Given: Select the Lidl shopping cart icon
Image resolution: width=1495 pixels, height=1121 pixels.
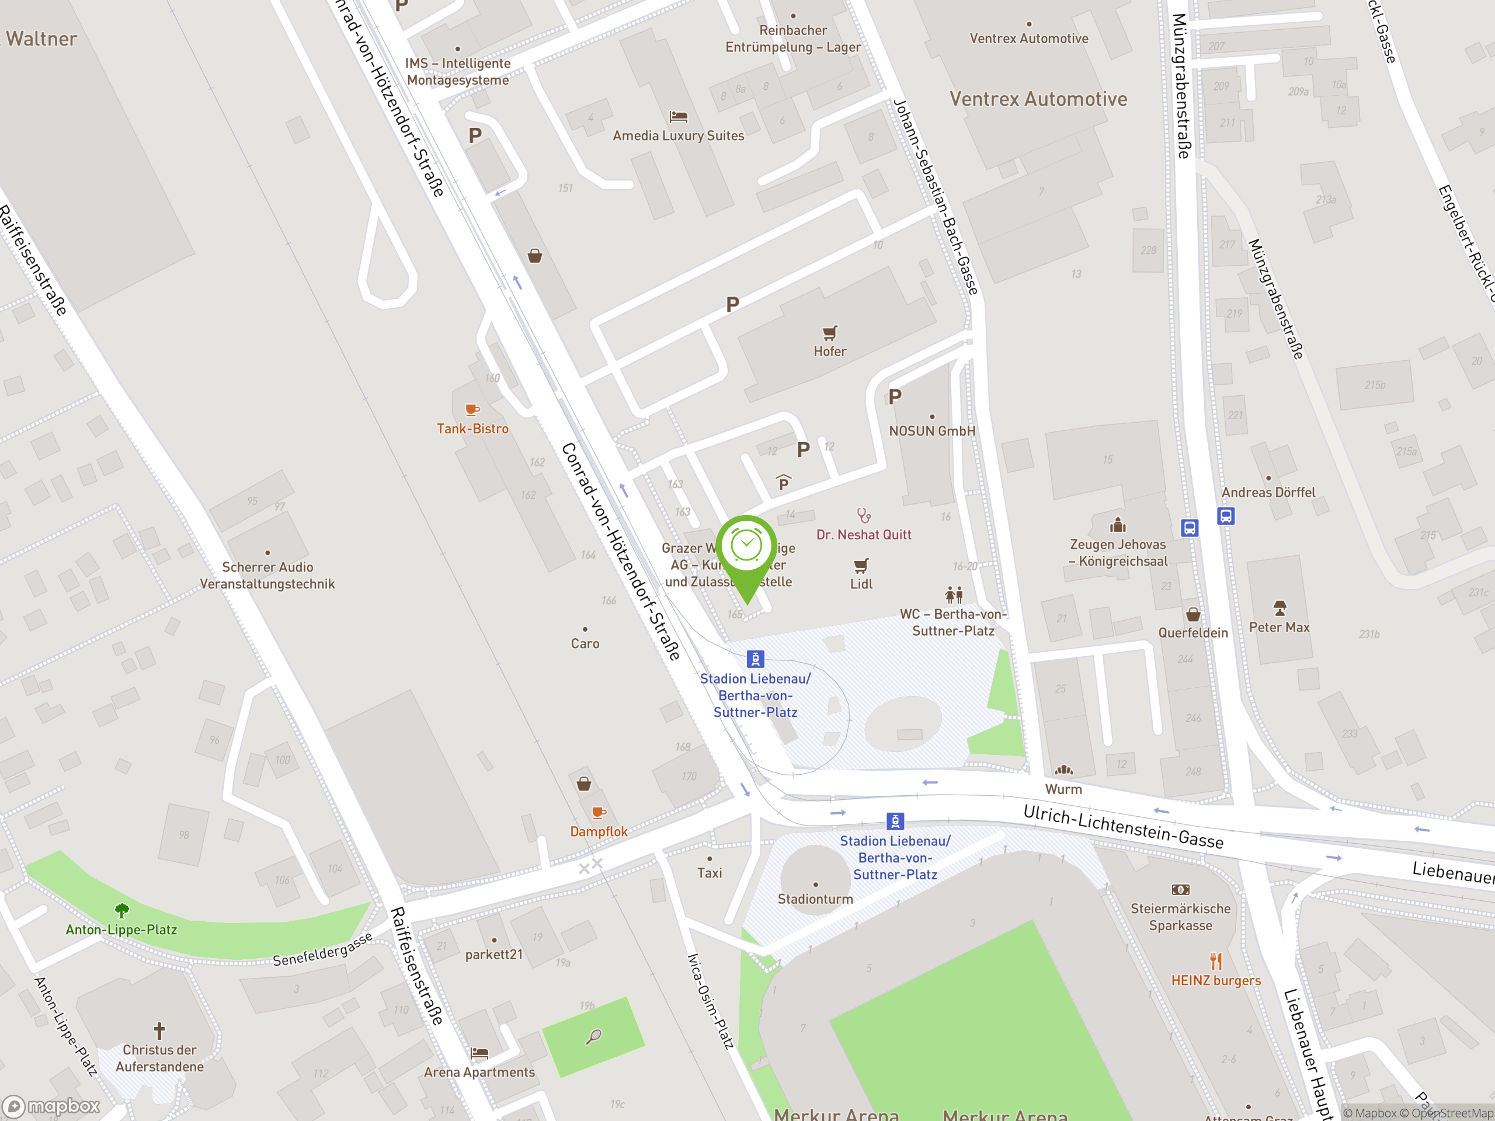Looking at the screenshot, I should [x=860, y=566].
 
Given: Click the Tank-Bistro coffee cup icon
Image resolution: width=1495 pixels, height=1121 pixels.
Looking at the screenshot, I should [x=472, y=409].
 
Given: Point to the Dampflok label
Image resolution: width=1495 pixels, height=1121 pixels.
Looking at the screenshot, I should [x=599, y=831].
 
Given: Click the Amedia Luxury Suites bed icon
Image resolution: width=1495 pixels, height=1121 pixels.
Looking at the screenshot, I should [x=678, y=117].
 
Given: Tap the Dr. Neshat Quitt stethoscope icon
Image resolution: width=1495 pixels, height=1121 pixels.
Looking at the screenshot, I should [x=864, y=516].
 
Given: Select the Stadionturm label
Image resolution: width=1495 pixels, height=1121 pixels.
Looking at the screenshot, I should [x=815, y=899].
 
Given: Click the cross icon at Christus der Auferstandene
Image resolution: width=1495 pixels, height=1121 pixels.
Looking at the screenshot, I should [x=159, y=1031].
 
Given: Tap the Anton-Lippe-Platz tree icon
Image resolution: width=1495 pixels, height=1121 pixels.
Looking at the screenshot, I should [x=121, y=911].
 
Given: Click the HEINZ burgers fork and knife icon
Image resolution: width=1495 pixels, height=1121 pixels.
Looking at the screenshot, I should [x=1216, y=961].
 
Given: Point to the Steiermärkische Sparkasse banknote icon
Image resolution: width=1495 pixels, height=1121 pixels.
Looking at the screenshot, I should [x=1180, y=890].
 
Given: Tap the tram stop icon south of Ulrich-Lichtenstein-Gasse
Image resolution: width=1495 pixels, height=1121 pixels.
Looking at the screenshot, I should [x=895, y=821].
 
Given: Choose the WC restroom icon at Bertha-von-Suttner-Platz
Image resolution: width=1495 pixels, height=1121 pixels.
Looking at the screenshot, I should [x=954, y=594].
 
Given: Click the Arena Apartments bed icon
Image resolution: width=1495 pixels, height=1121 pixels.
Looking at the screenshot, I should [x=479, y=1053].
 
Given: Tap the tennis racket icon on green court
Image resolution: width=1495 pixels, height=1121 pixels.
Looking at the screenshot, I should [x=593, y=1036].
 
